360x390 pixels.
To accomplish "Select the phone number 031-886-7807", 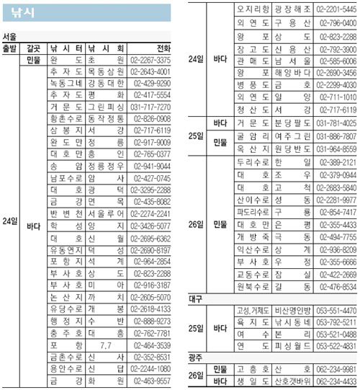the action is pos(336,136).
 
